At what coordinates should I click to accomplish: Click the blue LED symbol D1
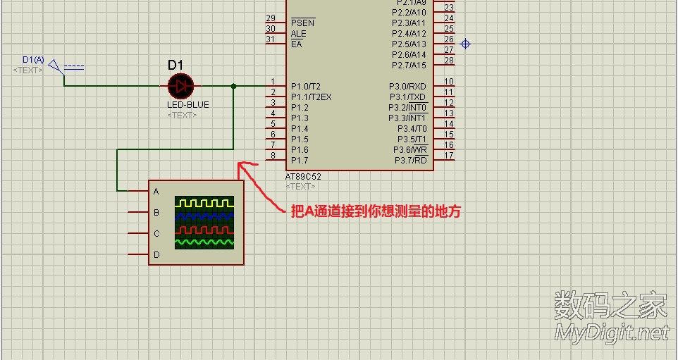[181, 87]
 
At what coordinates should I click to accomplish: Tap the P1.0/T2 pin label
[305, 86]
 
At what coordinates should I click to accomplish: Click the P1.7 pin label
[300, 161]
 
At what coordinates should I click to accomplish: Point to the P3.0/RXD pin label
[408, 86]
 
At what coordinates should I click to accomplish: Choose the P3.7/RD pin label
[409, 161]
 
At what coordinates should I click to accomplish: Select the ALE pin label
[299, 33]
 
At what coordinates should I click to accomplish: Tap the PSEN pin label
[302, 23]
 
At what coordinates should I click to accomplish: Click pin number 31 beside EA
[271, 39]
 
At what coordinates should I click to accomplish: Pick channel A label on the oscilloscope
[156, 191]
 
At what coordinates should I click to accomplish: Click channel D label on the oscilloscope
[156, 254]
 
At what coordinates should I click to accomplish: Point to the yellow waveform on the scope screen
[204, 203]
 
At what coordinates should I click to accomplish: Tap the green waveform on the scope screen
[204, 242]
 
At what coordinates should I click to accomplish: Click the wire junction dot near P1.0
[233, 86]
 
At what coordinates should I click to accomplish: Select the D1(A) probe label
[33, 60]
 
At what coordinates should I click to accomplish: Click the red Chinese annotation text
[376, 211]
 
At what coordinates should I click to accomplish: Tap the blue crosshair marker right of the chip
[465, 44]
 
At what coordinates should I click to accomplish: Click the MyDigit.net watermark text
[611, 333]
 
